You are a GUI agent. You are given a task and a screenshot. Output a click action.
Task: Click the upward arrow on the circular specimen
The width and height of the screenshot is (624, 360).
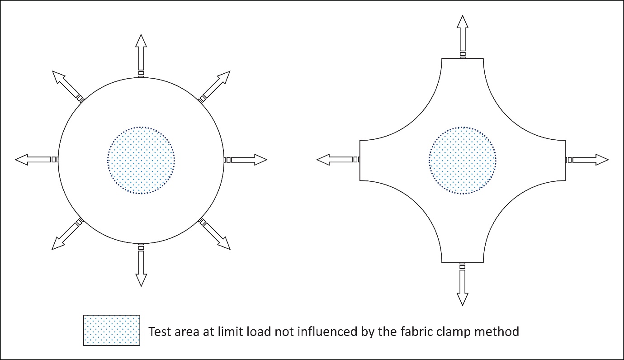pos(141,52)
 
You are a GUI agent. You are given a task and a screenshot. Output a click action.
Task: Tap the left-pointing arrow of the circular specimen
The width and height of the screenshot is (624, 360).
pos(33,160)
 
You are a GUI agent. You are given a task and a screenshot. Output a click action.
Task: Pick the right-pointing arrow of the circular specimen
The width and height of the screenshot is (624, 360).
pos(249,160)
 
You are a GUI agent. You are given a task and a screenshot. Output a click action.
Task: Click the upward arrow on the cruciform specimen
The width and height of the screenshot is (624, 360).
pos(463,33)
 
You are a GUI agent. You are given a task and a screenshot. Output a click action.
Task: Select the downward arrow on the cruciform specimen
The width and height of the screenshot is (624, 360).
pos(463,288)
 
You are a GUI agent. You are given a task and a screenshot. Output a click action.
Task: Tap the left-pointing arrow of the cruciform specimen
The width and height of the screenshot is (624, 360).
pos(335,160)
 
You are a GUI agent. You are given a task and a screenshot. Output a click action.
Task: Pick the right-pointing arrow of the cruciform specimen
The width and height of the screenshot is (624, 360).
pos(591,160)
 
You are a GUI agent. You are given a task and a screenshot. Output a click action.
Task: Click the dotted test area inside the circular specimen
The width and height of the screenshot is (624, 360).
pos(141,160)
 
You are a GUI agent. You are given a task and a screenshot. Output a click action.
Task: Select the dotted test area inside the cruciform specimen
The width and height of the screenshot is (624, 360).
pos(463,160)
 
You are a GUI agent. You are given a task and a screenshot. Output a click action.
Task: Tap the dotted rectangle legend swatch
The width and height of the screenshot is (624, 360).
pos(112,331)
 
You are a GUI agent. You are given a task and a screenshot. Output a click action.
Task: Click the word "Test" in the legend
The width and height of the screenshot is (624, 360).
pos(160,332)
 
